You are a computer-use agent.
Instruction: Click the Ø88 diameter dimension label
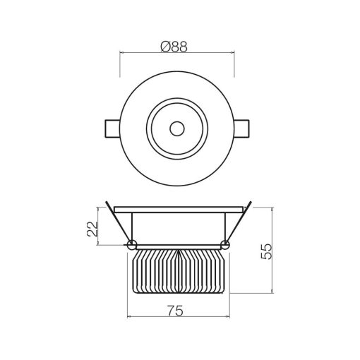(x=177, y=45)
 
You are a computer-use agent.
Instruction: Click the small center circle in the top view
(x=176, y=128)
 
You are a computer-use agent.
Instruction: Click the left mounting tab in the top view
(x=112, y=128)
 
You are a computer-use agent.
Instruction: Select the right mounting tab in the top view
(x=242, y=128)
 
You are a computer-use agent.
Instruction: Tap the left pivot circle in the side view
(x=131, y=245)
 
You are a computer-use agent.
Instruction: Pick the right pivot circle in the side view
(x=224, y=245)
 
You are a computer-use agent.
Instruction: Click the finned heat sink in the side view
(x=177, y=272)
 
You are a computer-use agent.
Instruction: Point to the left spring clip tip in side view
(x=107, y=203)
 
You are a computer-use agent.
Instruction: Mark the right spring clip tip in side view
(x=248, y=203)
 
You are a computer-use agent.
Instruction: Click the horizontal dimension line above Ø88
(x=177, y=53)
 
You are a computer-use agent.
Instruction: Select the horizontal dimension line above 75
(x=177, y=317)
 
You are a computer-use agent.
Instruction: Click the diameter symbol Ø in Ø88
(x=165, y=45)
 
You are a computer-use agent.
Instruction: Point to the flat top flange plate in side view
(x=177, y=209)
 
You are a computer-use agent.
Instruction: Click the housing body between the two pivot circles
(x=177, y=229)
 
